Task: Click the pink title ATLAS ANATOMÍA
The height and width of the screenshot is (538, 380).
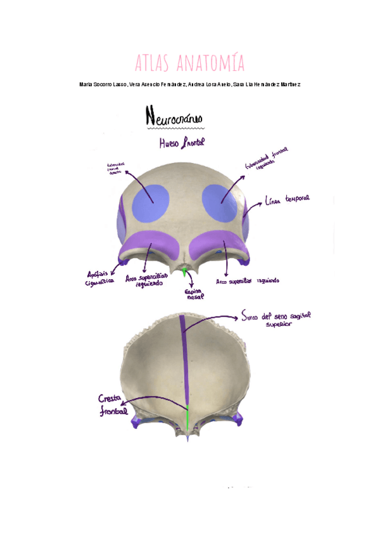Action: click(x=189, y=63)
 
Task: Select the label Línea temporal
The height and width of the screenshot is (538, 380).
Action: click(x=288, y=199)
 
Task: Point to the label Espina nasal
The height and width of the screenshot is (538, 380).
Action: click(x=194, y=294)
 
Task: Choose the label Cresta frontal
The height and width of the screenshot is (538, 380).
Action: click(x=113, y=405)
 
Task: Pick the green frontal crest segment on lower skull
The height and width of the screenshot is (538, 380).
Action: click(x=187, y=416)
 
